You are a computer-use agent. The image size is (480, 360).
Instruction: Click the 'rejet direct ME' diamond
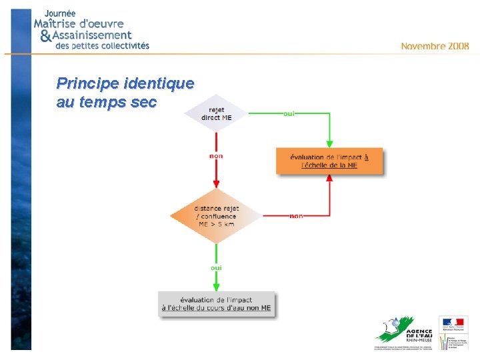click(216, 114)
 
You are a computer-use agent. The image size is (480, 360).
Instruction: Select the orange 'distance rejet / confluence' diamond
click(216, 216)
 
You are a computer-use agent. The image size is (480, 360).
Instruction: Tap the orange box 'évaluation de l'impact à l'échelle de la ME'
click(329, 161)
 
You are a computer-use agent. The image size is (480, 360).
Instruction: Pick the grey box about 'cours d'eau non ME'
click(217, 304)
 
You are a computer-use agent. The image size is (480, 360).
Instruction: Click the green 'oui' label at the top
click(289, 113)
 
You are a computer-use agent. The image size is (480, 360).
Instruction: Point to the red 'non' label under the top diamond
click(216, 156)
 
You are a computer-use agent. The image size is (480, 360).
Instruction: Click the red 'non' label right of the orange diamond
click(296, 216)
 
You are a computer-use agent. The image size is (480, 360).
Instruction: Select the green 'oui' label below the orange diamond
click(216, 267)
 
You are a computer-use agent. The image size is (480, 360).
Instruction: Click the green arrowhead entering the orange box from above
click(329, 143)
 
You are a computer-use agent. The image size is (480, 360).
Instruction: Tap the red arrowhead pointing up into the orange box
click(329, 179)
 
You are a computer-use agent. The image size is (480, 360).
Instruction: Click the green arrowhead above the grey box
click(216, 287)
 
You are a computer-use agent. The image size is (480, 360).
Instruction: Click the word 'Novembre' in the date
click(423, 46)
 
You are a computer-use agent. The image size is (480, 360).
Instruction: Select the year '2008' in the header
click(459, 46)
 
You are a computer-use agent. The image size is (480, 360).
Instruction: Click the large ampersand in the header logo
click(45, 35)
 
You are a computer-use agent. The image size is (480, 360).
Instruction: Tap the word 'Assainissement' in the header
click(91, 35)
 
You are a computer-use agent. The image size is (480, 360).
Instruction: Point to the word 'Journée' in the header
click(60, 13)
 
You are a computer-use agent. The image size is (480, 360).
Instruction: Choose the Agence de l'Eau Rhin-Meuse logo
click(403, 331)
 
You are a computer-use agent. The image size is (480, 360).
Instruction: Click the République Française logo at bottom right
click(453, 331)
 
